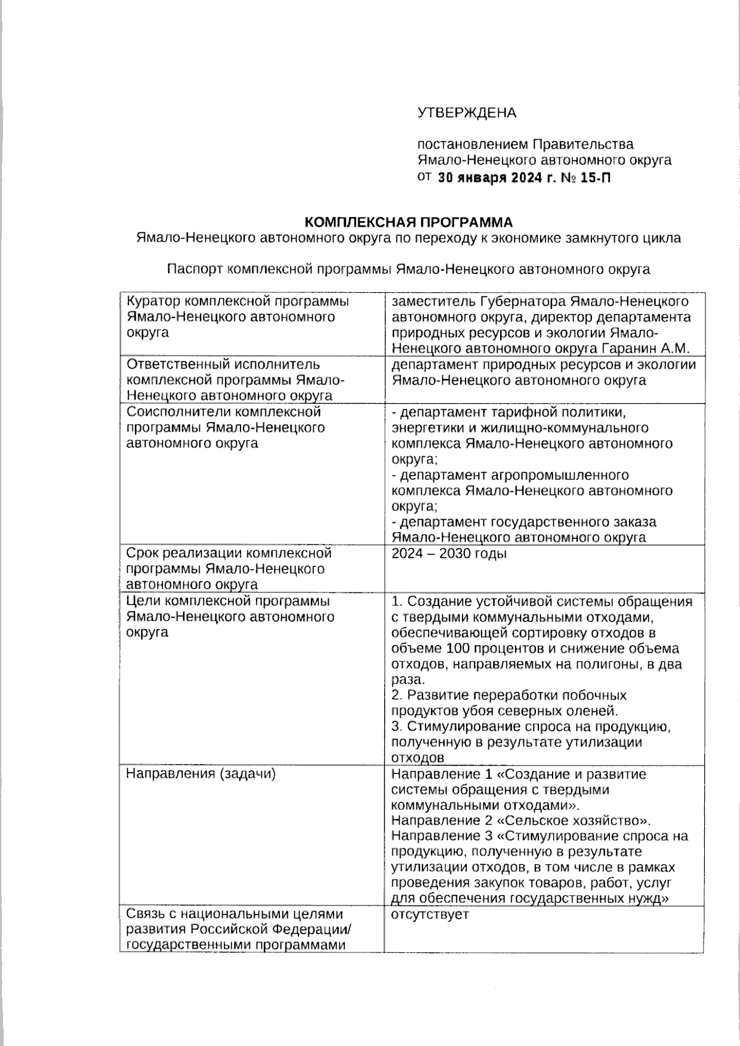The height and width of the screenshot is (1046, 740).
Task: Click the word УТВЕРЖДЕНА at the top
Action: coord(467,113)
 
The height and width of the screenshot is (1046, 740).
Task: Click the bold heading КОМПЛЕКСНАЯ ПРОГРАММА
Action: coord(409,221)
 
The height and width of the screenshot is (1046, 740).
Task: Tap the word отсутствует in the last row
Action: coord(430,914)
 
